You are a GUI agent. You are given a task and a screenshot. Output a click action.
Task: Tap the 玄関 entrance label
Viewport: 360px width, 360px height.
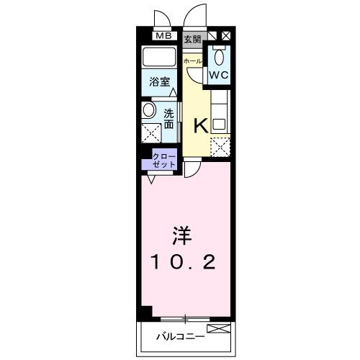(x=192, y=37)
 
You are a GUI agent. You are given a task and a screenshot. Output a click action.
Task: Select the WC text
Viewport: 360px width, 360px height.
(x=219, y=73)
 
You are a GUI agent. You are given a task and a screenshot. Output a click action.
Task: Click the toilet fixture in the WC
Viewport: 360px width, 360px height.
(x=220, y=55)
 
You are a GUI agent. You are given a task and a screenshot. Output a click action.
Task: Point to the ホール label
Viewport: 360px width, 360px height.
(x=193, y=61)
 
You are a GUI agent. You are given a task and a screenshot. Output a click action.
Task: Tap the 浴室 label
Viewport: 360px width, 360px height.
(x=159, y=82)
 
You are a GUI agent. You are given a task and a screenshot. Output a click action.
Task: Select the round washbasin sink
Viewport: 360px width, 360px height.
(x=149, y=110)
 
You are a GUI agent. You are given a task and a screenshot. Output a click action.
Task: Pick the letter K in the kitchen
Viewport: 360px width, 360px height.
(x=200, y=125)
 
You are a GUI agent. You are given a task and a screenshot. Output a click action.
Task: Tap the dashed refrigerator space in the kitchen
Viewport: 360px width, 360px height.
(x=219, y=145)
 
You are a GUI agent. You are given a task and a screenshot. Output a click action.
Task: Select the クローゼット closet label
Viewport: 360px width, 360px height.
(x=163, y=160)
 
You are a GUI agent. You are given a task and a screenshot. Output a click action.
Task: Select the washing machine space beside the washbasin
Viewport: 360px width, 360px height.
(x=151, y=134)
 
